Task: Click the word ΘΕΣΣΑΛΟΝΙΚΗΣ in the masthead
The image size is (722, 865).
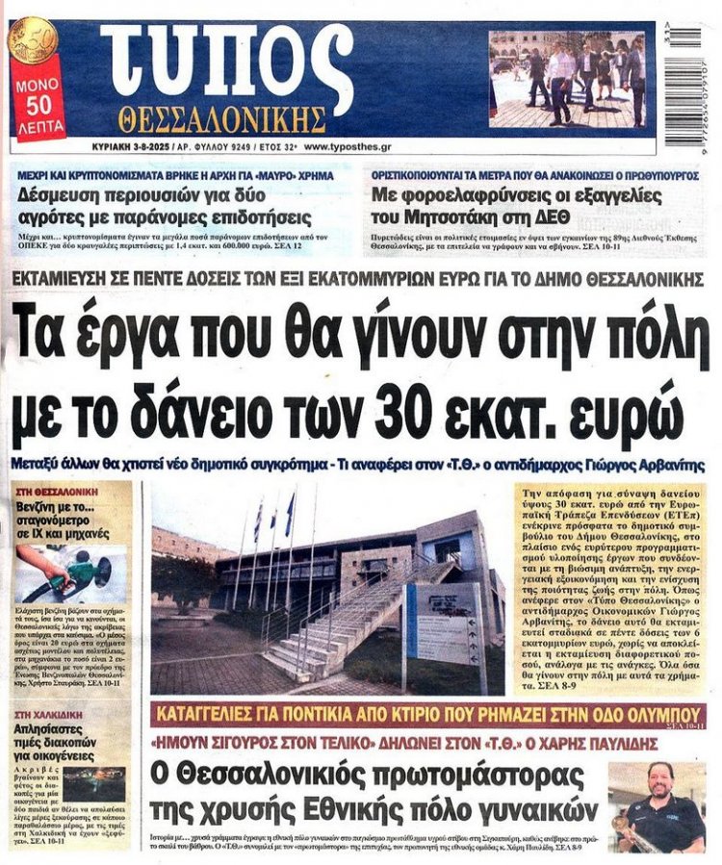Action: [222, 119]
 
